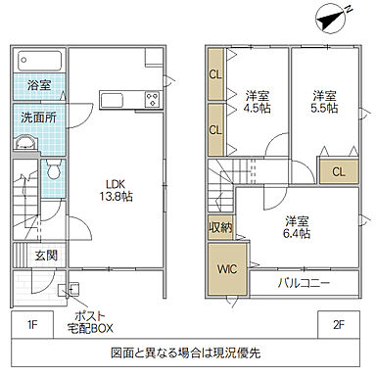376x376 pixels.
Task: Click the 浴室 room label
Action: point(39,85)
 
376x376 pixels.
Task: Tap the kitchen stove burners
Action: point(152,99)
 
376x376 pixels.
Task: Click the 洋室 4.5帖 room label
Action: point(257,103)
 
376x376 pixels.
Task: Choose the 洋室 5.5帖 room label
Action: point(324,103)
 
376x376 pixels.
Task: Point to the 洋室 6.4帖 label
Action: point(297,227)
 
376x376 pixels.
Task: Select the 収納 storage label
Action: point(219,227)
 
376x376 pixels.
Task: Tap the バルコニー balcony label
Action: point(303,283)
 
